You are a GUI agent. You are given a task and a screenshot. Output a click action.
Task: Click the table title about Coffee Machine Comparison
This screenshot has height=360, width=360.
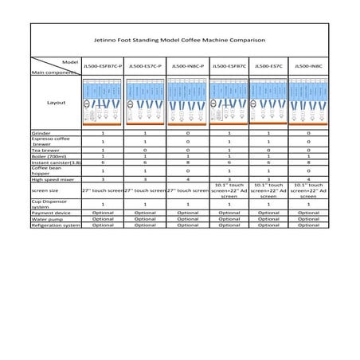(x=180, y=38)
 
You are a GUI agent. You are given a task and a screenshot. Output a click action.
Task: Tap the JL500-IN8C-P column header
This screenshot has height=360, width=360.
(x=188, y=66)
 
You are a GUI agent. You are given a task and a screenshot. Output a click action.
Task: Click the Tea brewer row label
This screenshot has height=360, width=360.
(x=46, y=149)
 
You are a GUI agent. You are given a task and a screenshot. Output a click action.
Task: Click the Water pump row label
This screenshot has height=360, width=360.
(x=46, y=219)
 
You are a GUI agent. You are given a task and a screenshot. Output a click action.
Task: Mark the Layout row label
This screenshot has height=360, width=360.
(x=56, y=103)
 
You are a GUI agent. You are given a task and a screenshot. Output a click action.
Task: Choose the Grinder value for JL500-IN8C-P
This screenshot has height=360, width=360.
(x=188, y=133)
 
